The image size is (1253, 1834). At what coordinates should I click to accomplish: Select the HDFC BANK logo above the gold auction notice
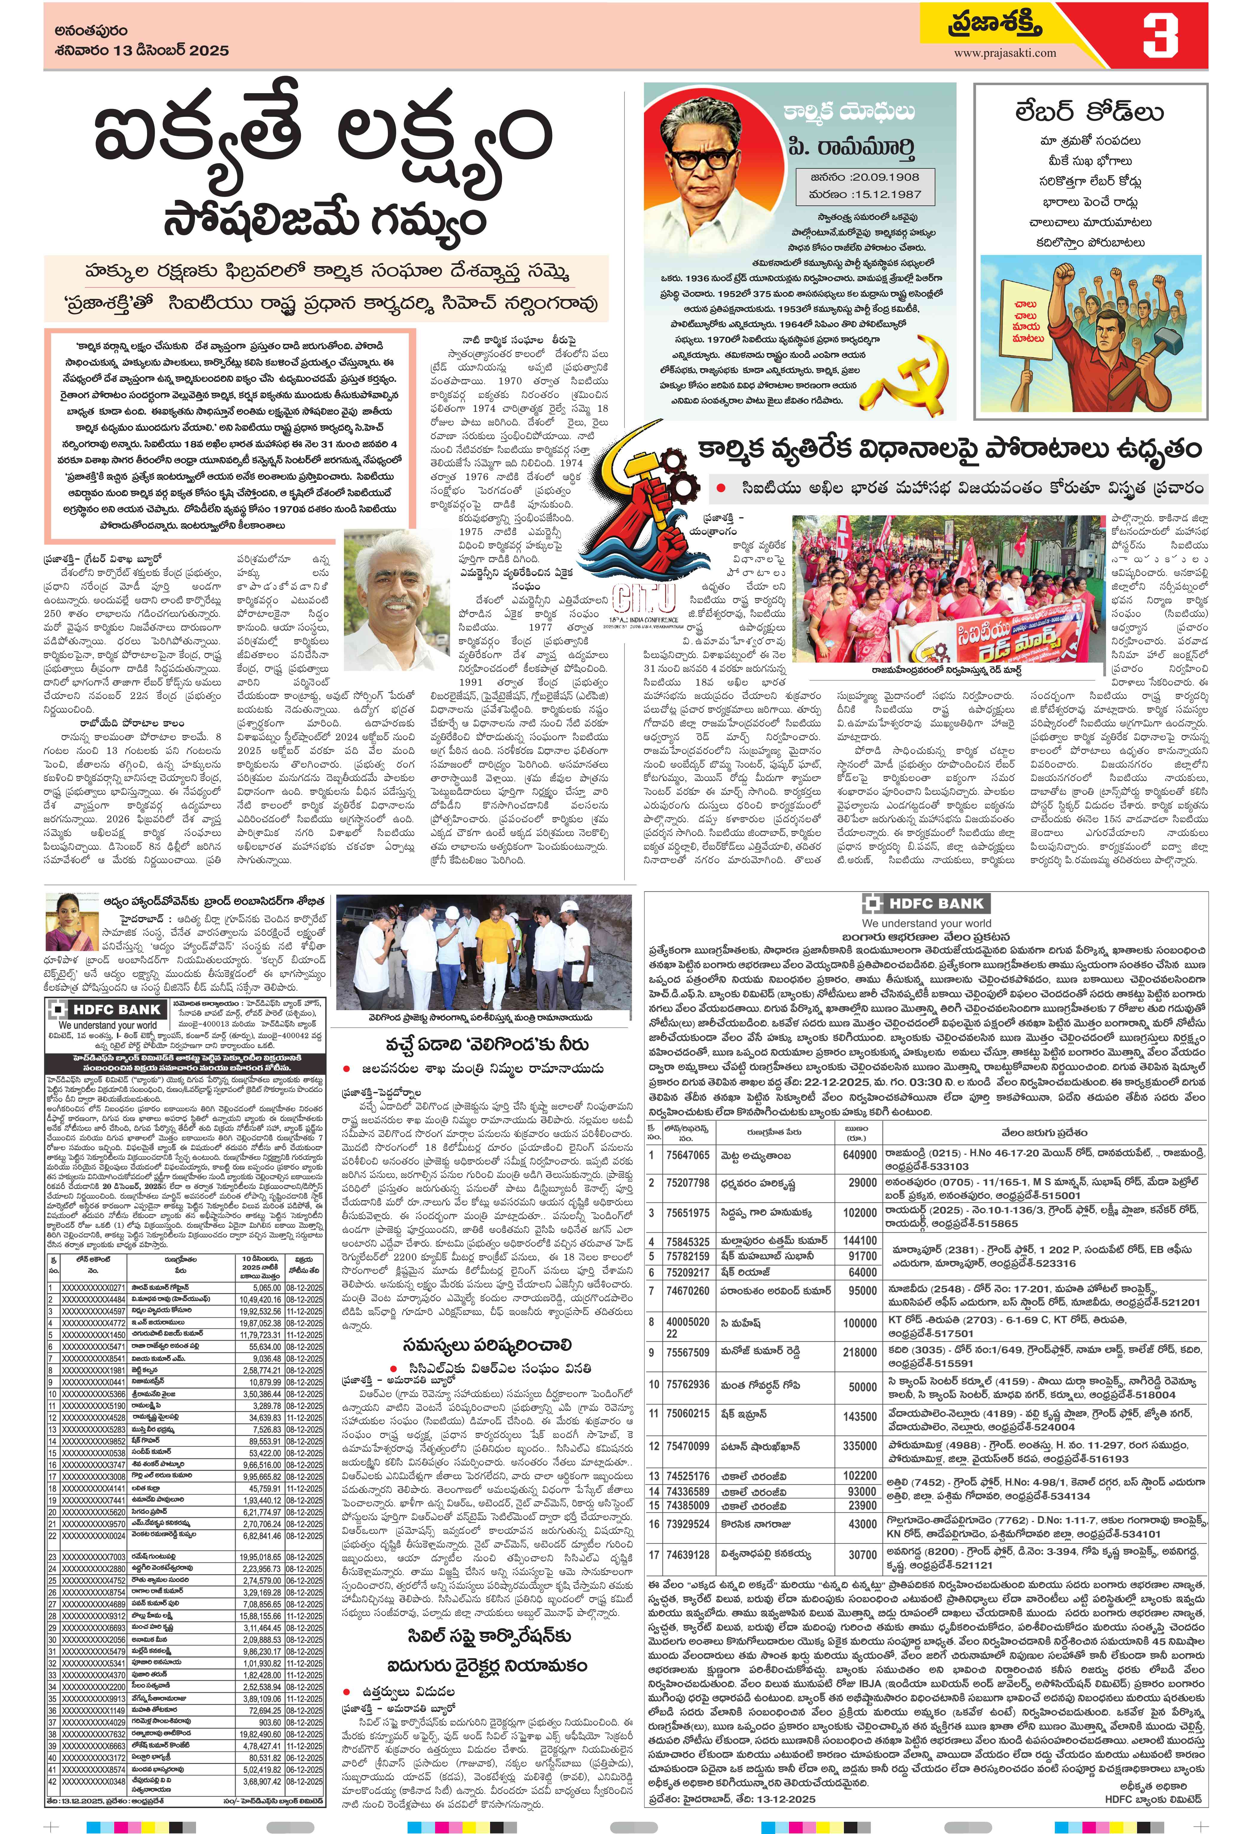[925, 904]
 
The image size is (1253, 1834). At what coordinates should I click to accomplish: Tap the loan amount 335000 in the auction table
[860, 1446]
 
